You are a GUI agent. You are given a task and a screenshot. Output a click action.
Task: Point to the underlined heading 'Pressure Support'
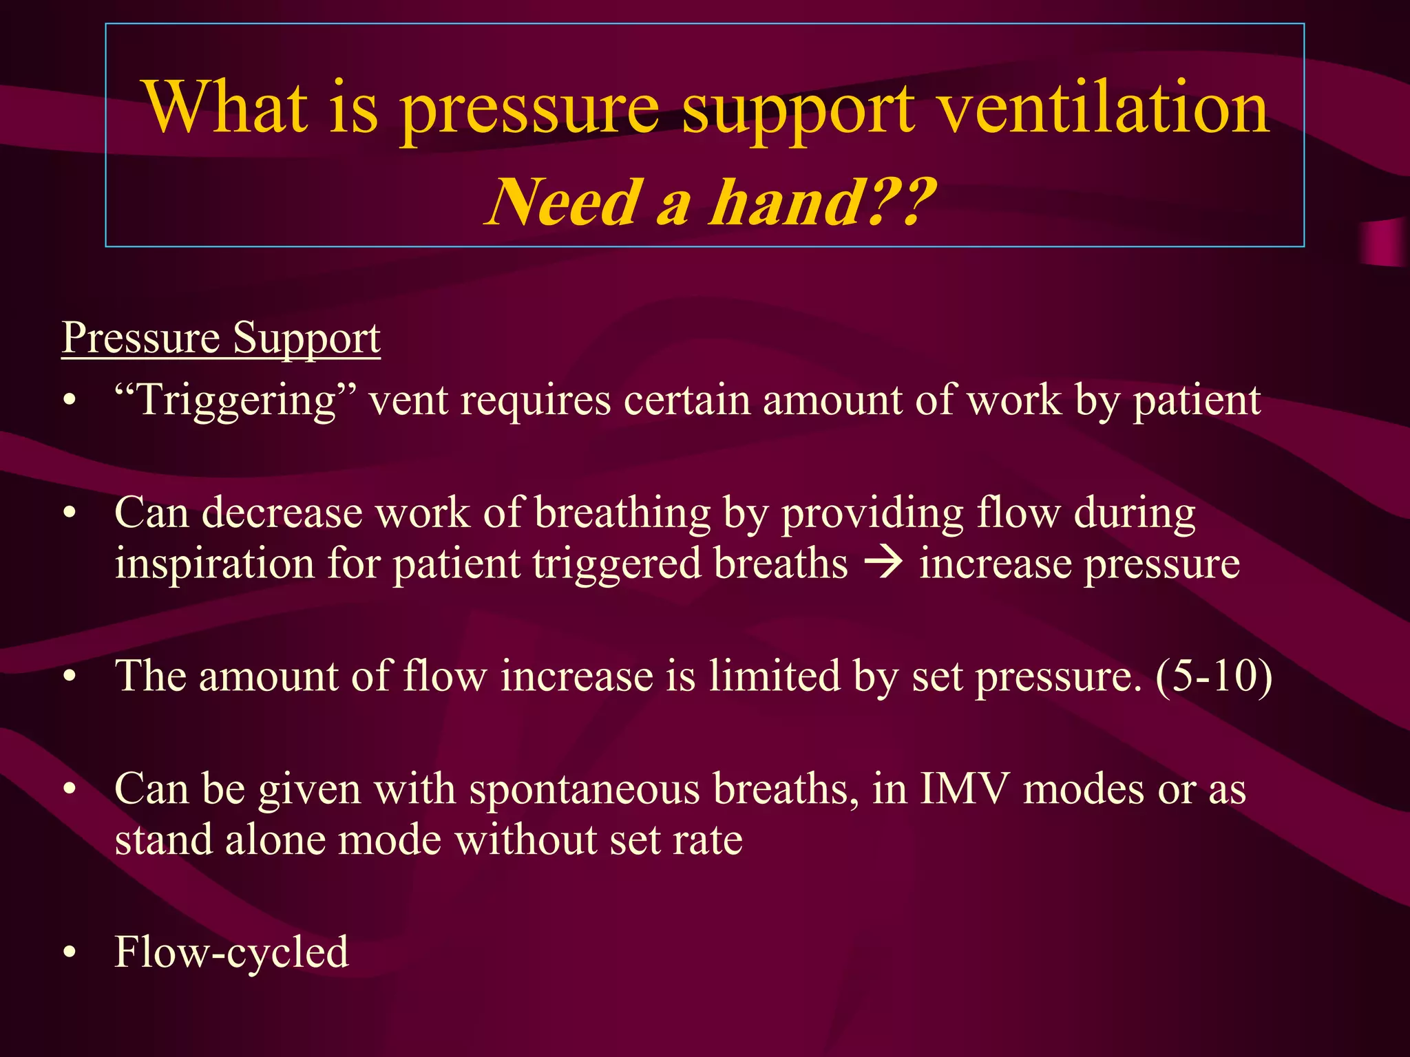tap(221, 338)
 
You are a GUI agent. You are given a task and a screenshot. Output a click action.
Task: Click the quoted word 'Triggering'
tap(237, 401)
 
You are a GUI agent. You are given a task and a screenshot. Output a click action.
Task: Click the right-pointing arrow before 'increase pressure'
tap(883, 563)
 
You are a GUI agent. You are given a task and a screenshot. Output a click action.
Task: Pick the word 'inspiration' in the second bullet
tap(213, 564)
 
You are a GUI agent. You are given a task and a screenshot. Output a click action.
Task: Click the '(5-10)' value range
tap(1214, 676)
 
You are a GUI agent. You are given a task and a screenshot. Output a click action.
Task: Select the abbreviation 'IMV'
tap(964, 789)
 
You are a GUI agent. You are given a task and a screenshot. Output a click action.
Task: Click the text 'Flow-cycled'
tap(232, 953)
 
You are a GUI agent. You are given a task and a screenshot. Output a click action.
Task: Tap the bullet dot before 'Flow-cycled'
tap(69, 953)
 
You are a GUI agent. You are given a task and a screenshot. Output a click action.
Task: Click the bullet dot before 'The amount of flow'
tap(69, 677)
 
